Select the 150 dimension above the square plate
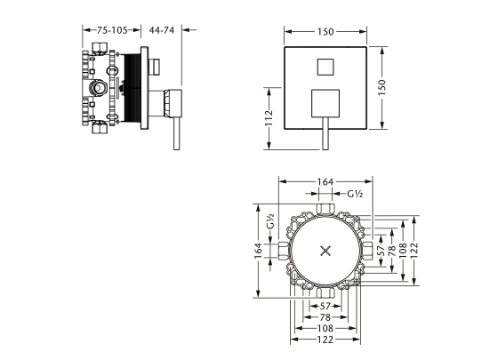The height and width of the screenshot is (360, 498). click(x=325, y=31)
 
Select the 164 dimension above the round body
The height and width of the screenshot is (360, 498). click(x=325, y=182)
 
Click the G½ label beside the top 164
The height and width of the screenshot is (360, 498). click(x=355, y=194)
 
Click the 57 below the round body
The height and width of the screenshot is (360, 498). click(x=325, y=305)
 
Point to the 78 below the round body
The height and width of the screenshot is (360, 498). click(x=325, y=316)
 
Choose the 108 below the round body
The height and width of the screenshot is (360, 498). click(x=325, y=328)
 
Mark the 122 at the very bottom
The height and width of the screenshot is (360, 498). click(x=325, y=340)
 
